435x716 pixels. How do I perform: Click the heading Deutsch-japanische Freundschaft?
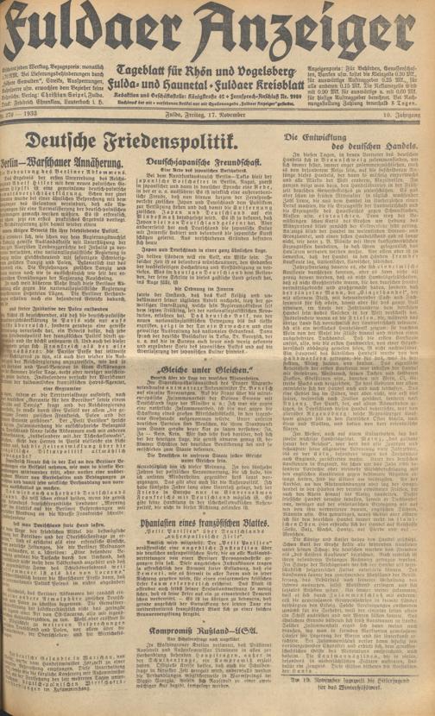[211, 160]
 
